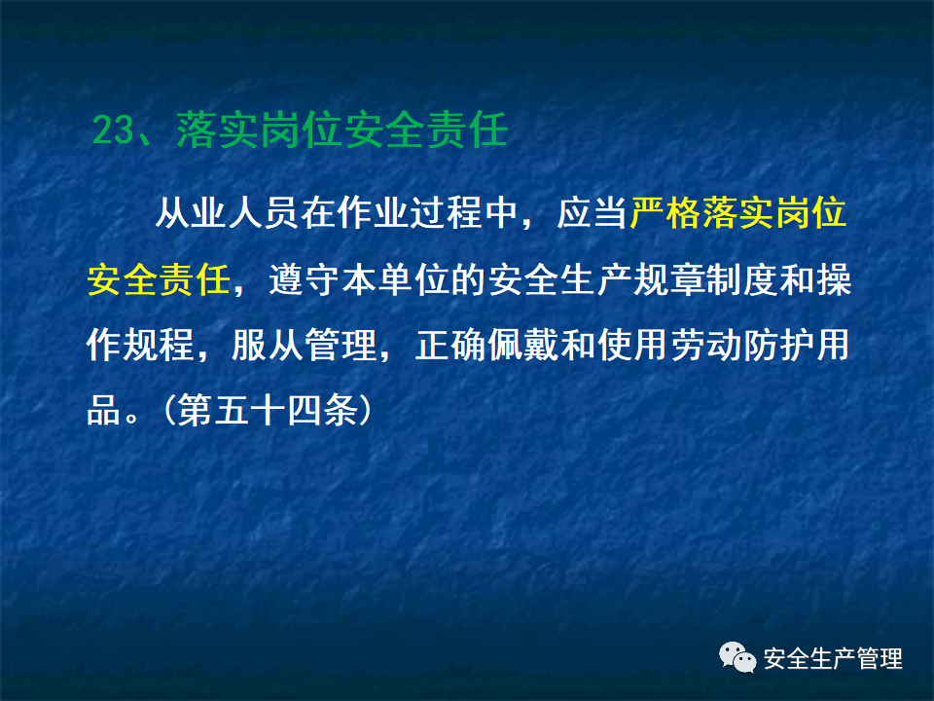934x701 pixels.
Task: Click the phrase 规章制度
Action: pyautogui.click(x=683, y=280)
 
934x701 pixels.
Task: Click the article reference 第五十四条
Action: pyautogui.click(x=266, y=411)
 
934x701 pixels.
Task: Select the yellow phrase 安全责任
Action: pyautogui.click(x=157, y=280)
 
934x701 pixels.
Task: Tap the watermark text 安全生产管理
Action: pyautogui.click(x=833, y=658)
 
